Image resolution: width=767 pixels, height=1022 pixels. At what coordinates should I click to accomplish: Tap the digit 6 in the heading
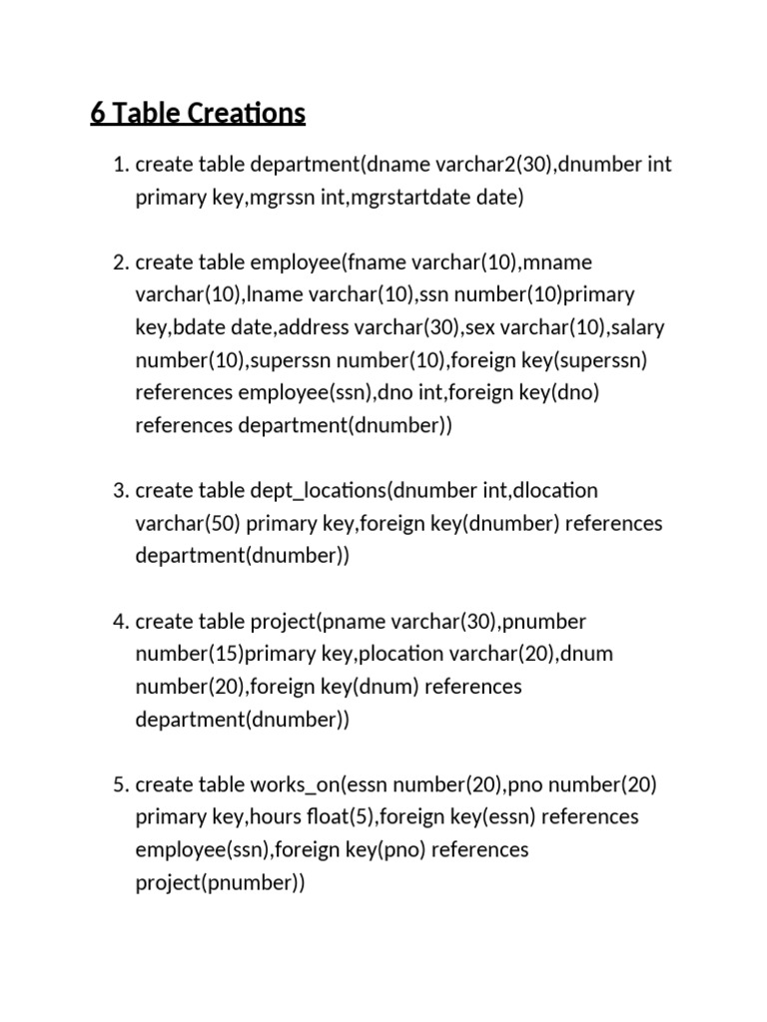(97, 114)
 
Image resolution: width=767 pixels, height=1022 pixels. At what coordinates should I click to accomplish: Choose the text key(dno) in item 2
(560, 393)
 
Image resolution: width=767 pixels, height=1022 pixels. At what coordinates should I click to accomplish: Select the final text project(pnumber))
(220, 883)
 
